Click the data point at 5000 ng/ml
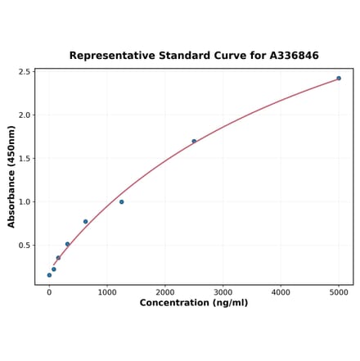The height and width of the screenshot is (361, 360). pos(339,79)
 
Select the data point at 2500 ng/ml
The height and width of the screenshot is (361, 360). pos(194,141)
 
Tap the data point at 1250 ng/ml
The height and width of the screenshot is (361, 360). pos(122,201)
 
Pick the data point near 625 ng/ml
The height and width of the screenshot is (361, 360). pos(85,222)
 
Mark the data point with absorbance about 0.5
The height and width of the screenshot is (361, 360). pos(67,244)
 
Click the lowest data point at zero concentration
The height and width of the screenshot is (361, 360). pos(49,275)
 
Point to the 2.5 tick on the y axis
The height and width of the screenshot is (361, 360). pos(24,72)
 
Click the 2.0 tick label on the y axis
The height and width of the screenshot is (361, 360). pos(24,115)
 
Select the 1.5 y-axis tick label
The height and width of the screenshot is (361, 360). pos(24,159)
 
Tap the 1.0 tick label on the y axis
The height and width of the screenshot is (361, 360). pos(24,202)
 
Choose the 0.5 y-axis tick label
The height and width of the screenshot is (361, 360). pos(24,246)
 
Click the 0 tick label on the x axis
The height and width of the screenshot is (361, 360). pos(49,291)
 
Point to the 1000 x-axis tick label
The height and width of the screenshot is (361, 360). pos(107,291)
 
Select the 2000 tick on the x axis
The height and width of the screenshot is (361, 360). pos(165,291)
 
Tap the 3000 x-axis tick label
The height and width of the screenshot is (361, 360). pos(223,291)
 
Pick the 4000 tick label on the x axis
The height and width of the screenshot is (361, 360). pos(281,291)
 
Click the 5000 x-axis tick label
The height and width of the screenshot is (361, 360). pos(339,291)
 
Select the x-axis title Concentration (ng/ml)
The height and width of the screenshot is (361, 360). pos(194,303)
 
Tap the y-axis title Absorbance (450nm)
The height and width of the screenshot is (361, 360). pos(11,176)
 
